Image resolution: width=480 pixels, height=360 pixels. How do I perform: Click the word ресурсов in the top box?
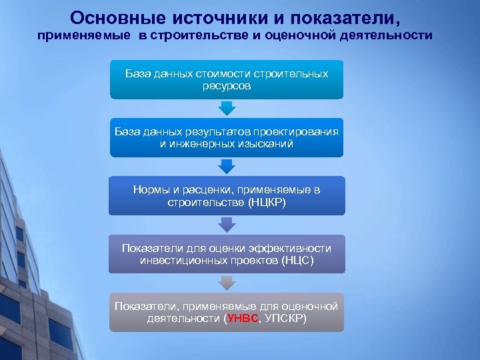pos(227,86)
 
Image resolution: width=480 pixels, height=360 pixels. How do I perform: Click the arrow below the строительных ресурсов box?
pos(227,108)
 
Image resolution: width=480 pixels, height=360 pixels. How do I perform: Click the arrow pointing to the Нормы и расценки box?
pos(227,166)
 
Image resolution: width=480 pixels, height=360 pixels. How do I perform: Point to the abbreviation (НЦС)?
pos(297,260)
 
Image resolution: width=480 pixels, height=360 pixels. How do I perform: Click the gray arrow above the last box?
pos(227,283)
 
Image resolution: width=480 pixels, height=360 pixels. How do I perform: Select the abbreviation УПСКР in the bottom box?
pos(285,319)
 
